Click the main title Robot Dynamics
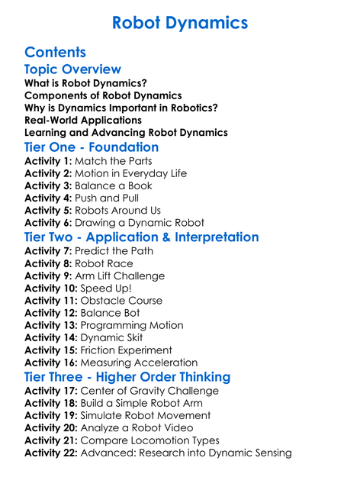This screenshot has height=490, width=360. point(180,23)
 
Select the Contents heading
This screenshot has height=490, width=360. point(55,53)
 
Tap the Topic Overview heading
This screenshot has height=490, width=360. point(72,70)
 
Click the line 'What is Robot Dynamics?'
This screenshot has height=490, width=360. point(86,83)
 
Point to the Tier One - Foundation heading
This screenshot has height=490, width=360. point(92,147)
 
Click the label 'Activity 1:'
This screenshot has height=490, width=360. point(50,161)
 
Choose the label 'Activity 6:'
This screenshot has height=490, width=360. point(50,223)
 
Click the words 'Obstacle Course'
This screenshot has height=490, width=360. point(121,301)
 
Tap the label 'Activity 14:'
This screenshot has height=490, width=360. point(51,338)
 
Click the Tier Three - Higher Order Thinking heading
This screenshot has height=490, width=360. point(127,377)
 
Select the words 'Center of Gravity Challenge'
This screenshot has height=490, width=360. point(149,391)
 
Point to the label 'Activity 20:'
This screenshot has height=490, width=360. point(51,428)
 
